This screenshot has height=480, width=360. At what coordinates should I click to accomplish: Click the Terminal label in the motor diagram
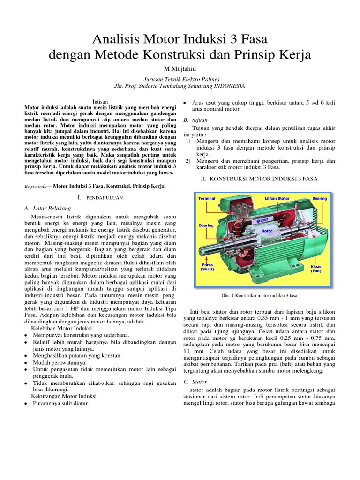click(x=207, y=198)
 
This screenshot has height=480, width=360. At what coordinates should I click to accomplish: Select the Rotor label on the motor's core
click(x=267, y=231)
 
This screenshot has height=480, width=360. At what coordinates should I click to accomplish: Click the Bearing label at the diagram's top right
click(x=320, y=198)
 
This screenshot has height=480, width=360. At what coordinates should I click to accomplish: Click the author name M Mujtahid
click(x=180, y=69)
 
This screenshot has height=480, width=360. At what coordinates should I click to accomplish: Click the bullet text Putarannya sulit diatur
click(x=60, y=403)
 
